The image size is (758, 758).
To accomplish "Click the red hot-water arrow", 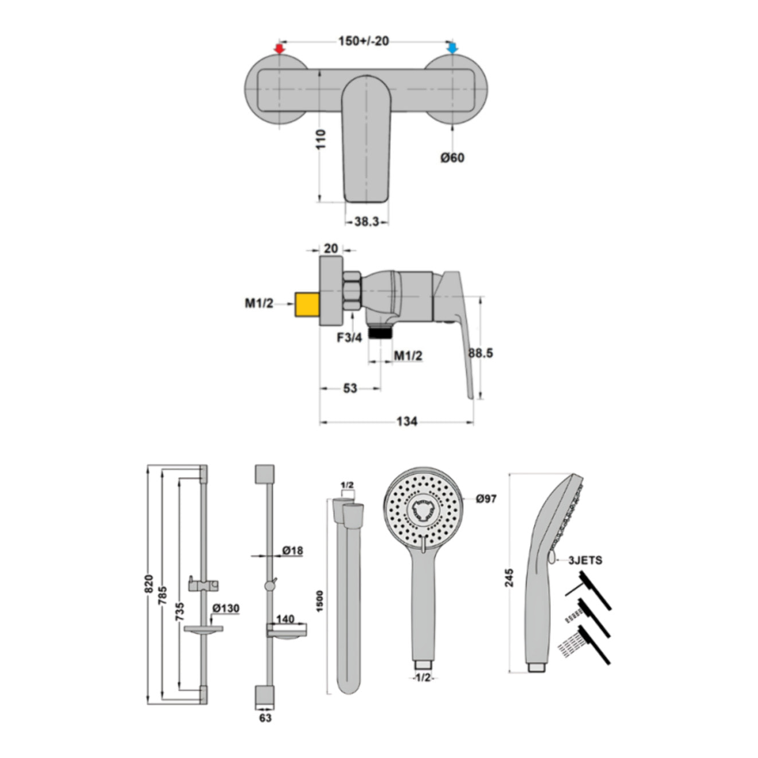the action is coord(279,49).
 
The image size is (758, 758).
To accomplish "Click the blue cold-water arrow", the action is coord(452,48).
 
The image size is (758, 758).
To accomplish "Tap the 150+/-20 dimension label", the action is coord(364,41).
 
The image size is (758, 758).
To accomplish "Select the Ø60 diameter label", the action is coord(452,158).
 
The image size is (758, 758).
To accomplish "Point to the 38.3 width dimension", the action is coord(366,222).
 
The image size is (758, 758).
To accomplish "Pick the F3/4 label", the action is coord(349,337).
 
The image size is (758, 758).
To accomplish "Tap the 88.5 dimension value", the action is coord(480,353).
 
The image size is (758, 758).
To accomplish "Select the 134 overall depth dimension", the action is coord(407,421).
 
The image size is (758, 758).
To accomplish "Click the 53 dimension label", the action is coord(350,388).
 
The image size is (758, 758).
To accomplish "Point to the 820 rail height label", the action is coord(149,586).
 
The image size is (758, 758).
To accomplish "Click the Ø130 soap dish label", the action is coord(226,608).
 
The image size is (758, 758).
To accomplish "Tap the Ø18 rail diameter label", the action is coord(292,550).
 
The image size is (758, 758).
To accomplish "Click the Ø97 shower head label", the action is coord(486,498).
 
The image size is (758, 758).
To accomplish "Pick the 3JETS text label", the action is coord(585,560).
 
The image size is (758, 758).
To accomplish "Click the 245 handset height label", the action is coord(509,578).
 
